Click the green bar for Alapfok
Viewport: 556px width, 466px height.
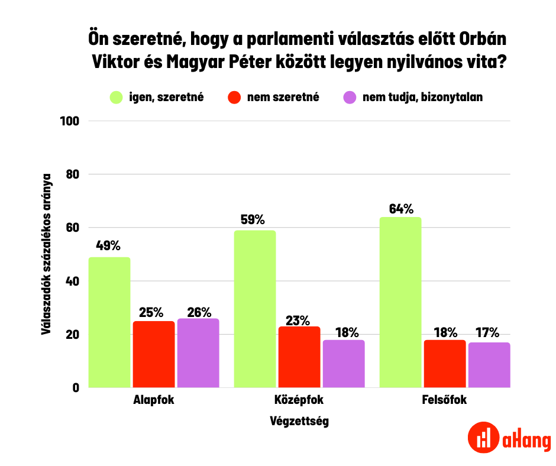[109, 322]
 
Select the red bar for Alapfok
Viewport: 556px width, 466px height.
[154, 354]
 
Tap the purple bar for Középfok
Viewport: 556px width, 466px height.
[343, 364]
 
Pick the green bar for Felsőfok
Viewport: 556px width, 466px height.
[400, 302]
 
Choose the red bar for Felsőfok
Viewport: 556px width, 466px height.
[445, 364]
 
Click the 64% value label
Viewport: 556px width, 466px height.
[401, 209]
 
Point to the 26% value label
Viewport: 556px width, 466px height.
[198, 311]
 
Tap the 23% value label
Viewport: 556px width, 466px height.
[299, 320]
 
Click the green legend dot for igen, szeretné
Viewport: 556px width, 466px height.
[116, 98]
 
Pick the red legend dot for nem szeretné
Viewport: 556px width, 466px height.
[235, 98]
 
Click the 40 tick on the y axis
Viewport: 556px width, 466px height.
[73, 281]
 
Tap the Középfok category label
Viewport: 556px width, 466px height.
[299, 400]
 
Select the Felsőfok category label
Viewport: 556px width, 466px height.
[444, 400]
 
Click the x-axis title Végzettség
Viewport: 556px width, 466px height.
[299, 422]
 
